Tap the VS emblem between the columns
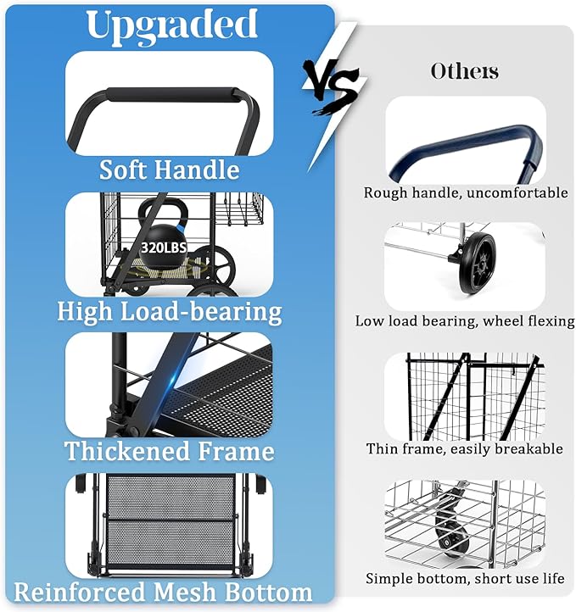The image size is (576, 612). pos(333,86)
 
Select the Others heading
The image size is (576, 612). pos(464,71)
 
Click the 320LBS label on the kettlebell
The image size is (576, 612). pos(164,248)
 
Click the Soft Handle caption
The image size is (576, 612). pos(169,170)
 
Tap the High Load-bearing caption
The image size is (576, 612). pos(170,312)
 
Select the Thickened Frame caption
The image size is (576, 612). pos(169,451)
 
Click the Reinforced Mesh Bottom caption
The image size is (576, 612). pos(163,592)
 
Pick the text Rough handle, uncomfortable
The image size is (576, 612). pos(466,192)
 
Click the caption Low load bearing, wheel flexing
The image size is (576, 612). pos(465,321)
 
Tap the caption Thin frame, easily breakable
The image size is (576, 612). pos(464,449)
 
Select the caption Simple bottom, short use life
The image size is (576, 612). pos(465,578)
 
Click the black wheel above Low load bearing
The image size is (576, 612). pos(478,264)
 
